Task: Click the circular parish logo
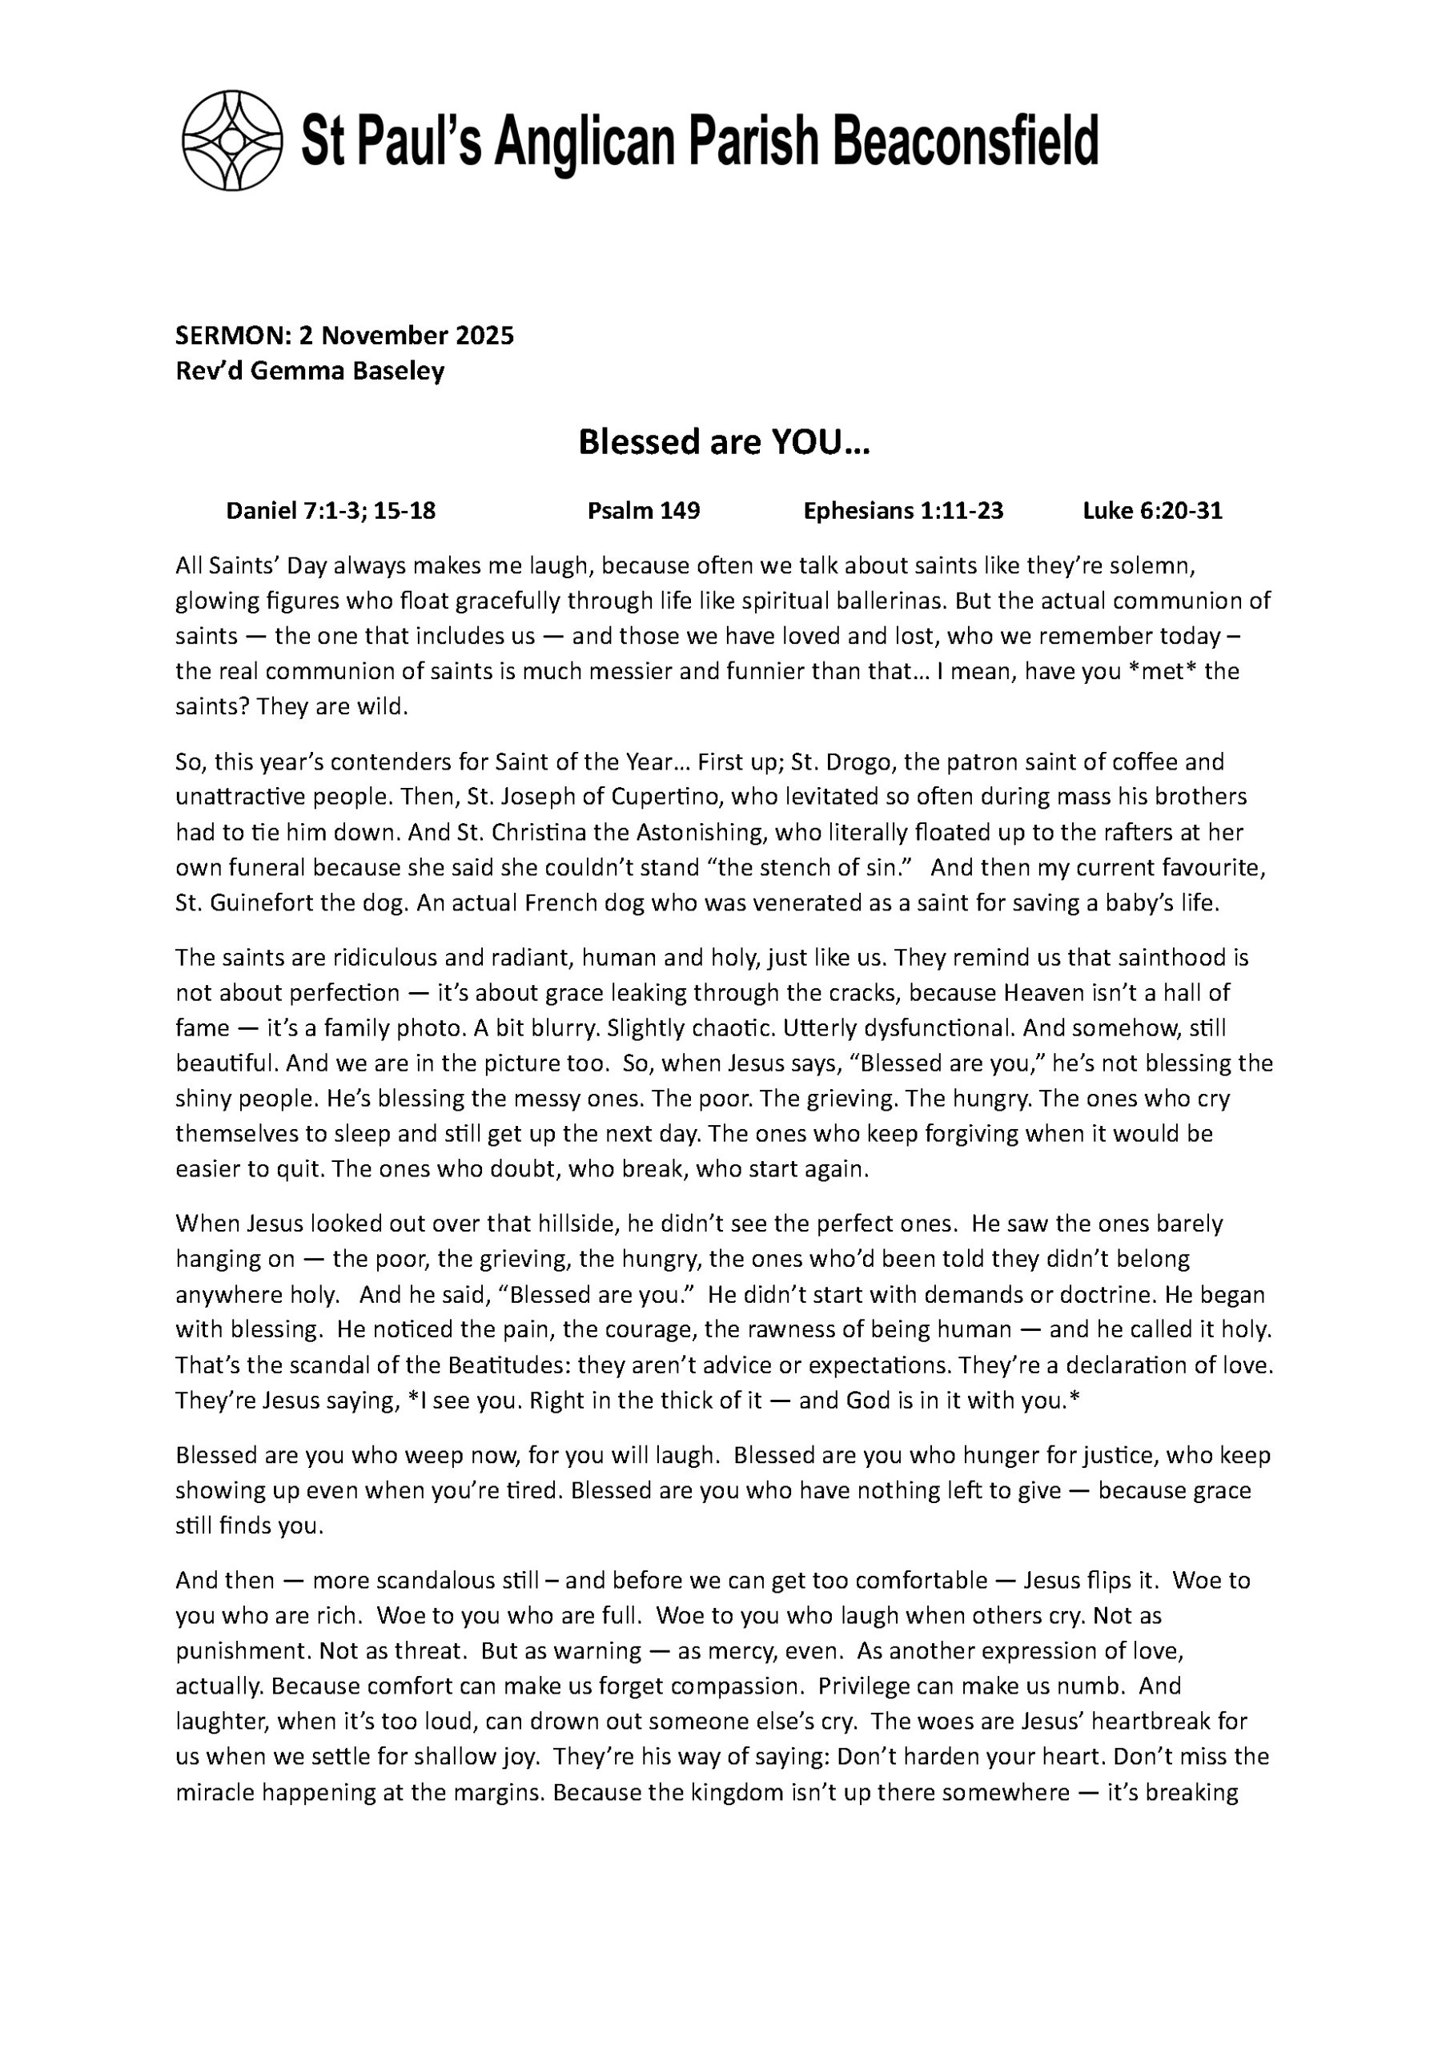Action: point(232,140)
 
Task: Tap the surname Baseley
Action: point(396,371)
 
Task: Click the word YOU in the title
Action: point(806,442)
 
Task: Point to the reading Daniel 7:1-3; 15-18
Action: point(331,511)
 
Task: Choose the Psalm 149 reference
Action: point(643,511)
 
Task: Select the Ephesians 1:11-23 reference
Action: point(902,511)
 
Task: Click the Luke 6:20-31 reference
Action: point(1152,511)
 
